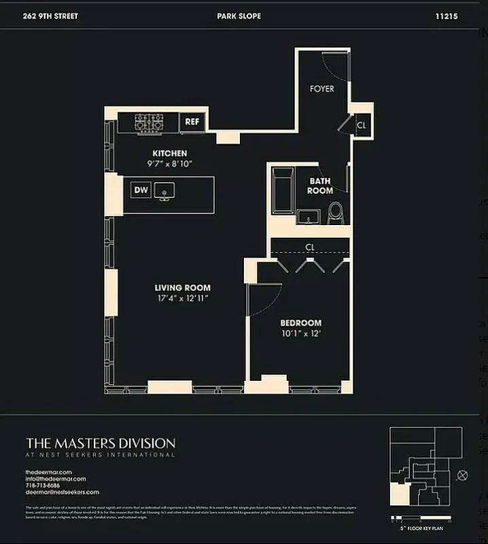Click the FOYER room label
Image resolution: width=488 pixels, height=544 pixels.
tap(321, 88)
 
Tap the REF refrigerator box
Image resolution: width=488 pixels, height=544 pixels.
tap(192, 122)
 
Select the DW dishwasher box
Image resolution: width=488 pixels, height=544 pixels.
tap(141, 190)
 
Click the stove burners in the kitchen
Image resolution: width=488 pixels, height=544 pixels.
tap(149, 122)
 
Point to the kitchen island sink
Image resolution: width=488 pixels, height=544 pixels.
tap(164, 191)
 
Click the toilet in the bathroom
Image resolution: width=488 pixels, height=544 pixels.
tap(336, 212)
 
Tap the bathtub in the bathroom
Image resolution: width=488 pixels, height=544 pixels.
tap(281, 192)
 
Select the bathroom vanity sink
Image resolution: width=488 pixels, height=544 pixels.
tap(309, 217)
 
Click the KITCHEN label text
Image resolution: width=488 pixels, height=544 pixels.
tap(169, 154)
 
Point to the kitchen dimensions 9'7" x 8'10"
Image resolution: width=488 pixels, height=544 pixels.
tap(169, 164)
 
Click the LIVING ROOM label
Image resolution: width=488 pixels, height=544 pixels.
tap(182, 288)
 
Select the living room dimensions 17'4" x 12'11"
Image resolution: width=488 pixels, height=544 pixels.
tap(182, 298)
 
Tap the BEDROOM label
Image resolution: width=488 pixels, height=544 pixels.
tap(300, 323)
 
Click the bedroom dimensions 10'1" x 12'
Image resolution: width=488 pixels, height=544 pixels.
tap(300, 333)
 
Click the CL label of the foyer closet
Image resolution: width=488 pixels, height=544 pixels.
tap(361, 125)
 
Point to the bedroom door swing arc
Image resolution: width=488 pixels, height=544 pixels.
tap(268, 299)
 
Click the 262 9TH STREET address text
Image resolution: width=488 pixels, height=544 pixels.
tap(50, 16)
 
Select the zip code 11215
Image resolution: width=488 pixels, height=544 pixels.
tap(446, 16)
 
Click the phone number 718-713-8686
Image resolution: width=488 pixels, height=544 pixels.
tap(42, 486)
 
